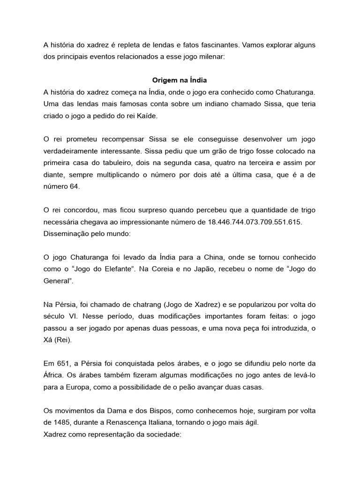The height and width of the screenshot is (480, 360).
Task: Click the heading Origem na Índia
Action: [180, 80]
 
